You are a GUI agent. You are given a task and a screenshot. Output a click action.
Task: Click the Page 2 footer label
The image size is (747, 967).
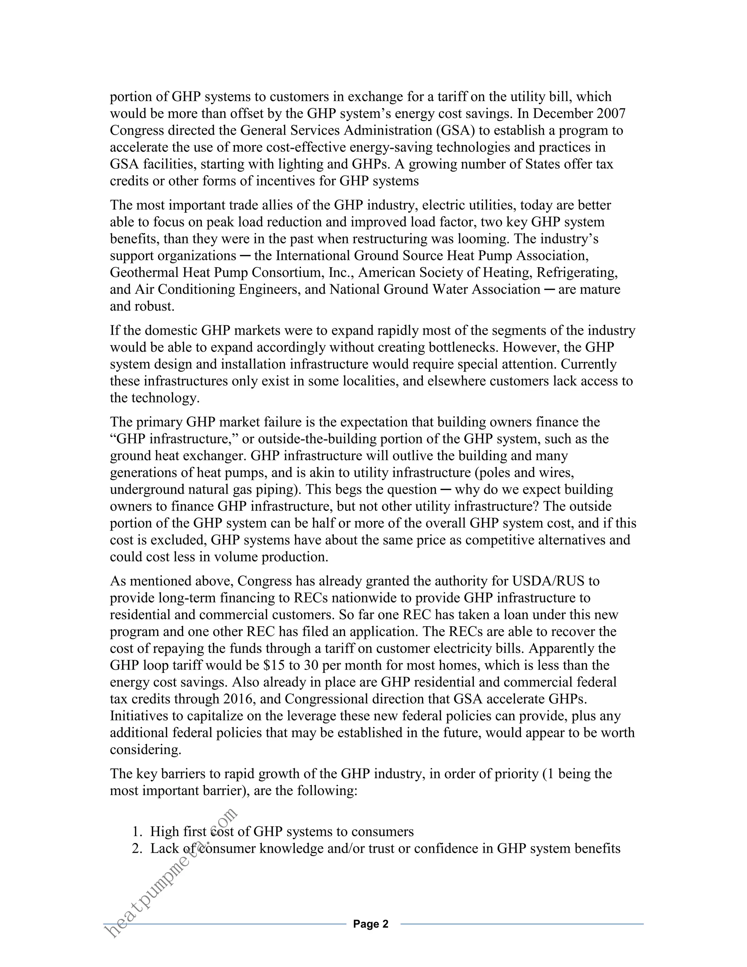point(371,924)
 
